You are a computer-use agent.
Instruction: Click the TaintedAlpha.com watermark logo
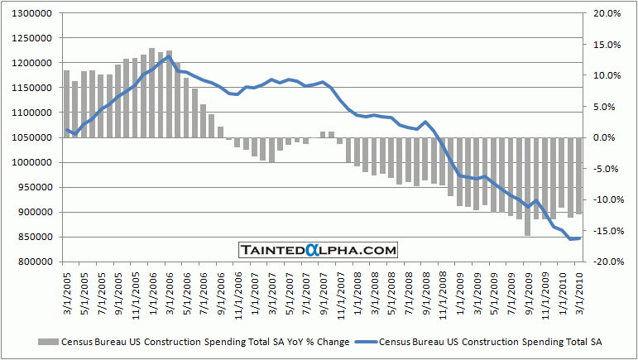[318, 249]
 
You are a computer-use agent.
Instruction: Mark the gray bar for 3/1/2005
[67, 103]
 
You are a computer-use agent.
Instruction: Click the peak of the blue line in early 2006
[169, 56]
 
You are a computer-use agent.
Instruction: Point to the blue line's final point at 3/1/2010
[579, 238]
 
